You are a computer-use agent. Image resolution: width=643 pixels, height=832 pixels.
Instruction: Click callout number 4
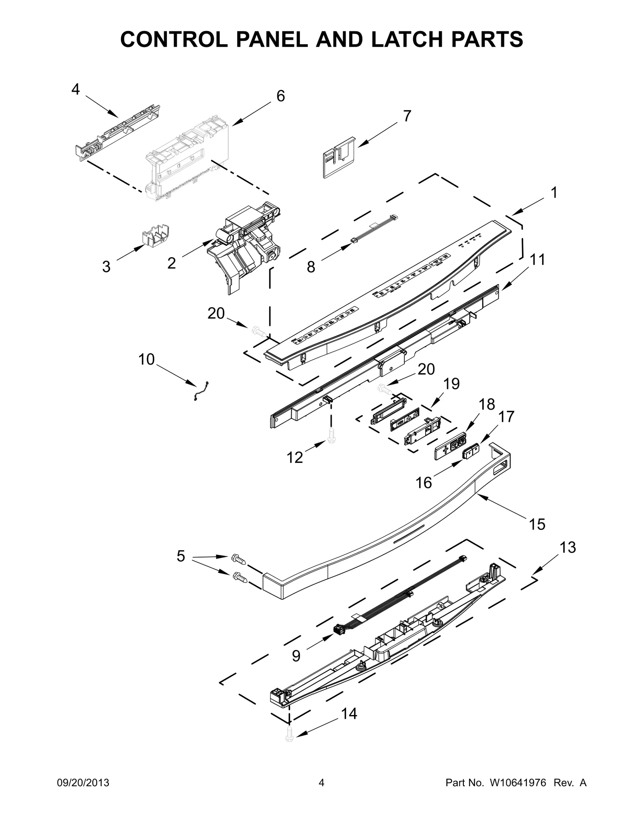(x=76, y=90)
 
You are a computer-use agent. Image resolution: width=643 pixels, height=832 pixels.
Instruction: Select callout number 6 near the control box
(x=281, y=96)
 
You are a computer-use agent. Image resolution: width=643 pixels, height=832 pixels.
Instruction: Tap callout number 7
(x=407, y=116)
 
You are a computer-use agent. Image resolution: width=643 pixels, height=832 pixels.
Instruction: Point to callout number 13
(x=568, y=547)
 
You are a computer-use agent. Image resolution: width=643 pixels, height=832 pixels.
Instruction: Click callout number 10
(x=146, y=359)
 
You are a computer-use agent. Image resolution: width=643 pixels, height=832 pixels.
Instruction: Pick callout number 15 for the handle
(x=537, y=524)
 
